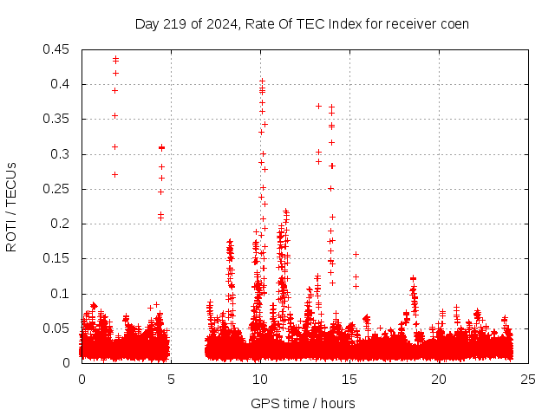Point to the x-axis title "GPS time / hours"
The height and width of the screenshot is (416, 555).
pyautogui.click(x=303, y=403)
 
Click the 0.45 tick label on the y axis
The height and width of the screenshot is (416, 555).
pyautogui.click(x=57, y=49)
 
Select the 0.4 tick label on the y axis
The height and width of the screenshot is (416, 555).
pyautogui.click(x=61, y=84)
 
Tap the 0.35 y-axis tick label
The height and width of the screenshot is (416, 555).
pyautogui.click(x=57, y=119)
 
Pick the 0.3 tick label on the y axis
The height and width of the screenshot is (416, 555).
pyautogui.click(x=61, y=154)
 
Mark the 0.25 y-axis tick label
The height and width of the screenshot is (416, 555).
pyautogui.click(x=57, y=189)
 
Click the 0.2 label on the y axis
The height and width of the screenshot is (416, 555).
pyautogui.click(x=61, y=224)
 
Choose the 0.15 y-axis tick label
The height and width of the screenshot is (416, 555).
pyautogui.click(x=57, y=258)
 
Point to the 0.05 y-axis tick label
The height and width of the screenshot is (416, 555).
pyautogui.click(x=57, y=328)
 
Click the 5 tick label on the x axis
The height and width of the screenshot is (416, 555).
pyautogui.click(x=171, y=380)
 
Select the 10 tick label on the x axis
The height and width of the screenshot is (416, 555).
pyautogui.click(x=260, y=380)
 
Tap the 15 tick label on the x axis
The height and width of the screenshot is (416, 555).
pyautogui.click(x=349, y=380)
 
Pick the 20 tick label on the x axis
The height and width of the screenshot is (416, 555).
pyautogui.click(x=439, y=380)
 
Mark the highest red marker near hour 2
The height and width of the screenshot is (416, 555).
pyautogui.click(x=115, y=59)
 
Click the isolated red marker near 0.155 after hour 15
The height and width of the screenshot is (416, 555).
pyautogui.click(x=356, y=254)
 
